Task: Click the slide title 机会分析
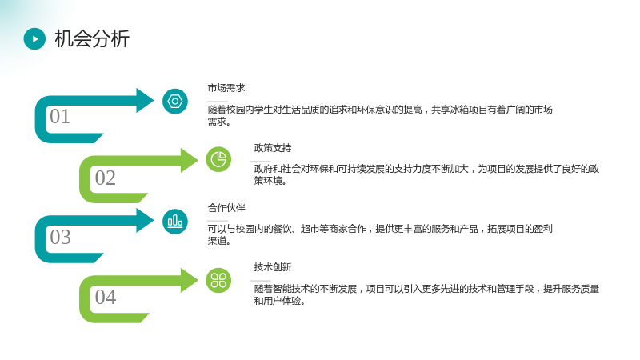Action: [x=92, y=38]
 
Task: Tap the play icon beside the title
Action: [x=34, y=38]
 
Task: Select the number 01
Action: [x=60, y=116]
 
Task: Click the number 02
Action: [x=106, y=178]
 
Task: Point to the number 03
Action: [x=61, y=237]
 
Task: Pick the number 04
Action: [x=106, y=297]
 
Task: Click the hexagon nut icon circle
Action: [x=175, y=102]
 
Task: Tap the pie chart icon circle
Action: [x=218, y=159]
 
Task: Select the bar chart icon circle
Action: [x=175, y=222]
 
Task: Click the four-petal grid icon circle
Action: [x=218, y=281]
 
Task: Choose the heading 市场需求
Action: [x=226, y=88]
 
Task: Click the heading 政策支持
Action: [x=273, y=148]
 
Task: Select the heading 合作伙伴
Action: [x=226, y=208]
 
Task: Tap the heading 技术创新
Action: [x=273, y=267]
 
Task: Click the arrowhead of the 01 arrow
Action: [x=145, y=101]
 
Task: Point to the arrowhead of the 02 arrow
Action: [x=190, y=160]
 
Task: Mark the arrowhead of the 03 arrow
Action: [x=145, y=221]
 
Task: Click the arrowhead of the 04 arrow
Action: [x=190, y=281]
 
